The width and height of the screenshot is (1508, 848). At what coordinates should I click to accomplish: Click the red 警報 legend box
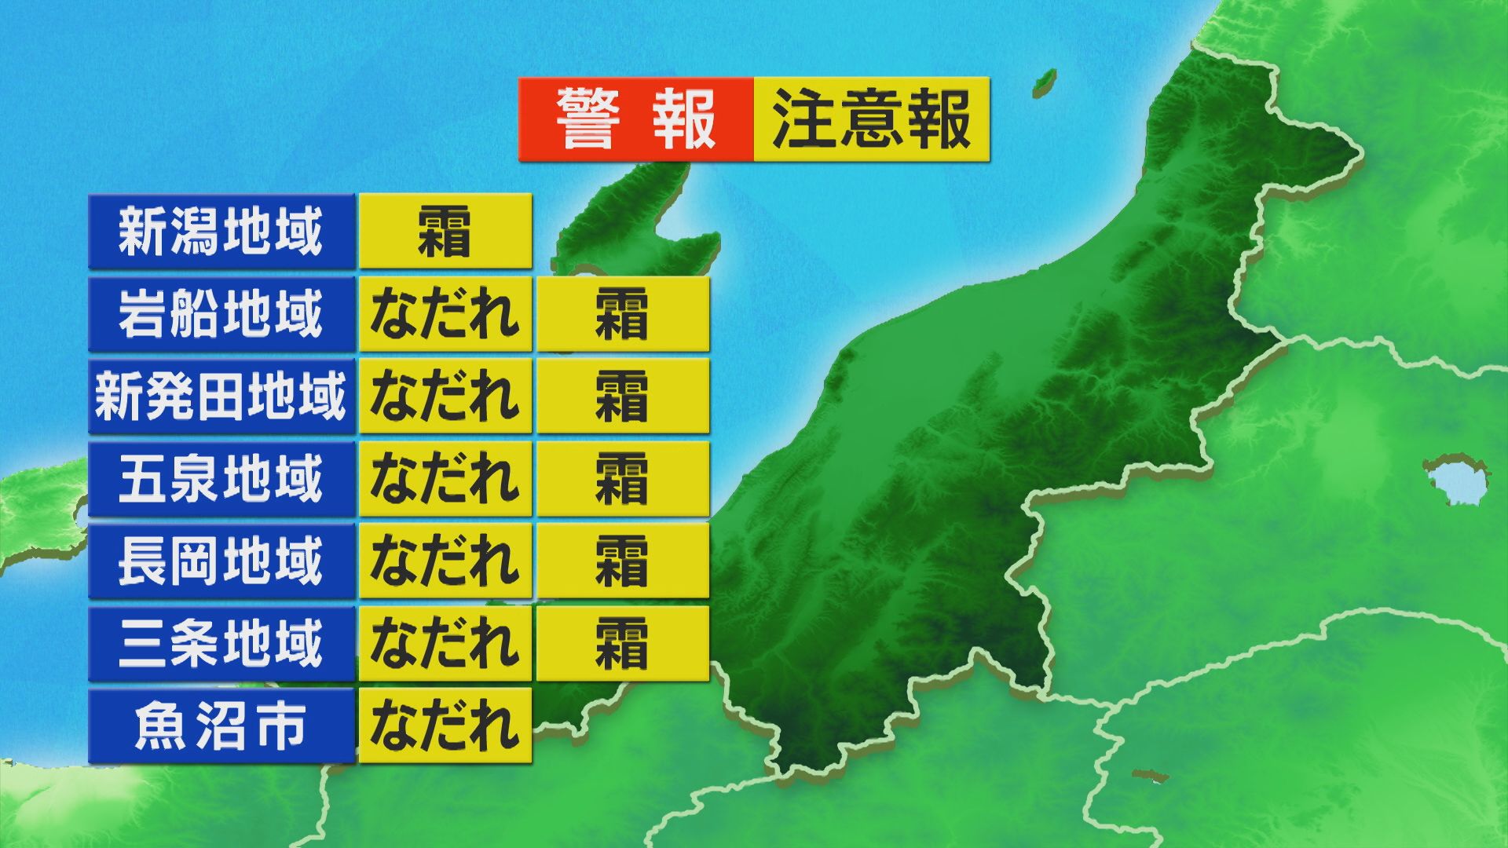(x=635, y=119)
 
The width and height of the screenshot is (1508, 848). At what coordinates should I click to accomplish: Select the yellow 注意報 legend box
(x=871, y=119)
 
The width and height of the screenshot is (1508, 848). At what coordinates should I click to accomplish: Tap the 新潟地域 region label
(x=221, y=232)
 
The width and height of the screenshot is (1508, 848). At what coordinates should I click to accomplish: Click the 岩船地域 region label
(x=221, y=313)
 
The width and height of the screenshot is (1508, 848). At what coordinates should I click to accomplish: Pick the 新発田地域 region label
(x=221, y=396)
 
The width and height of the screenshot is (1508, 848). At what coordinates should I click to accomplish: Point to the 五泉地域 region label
(x=221, y=478)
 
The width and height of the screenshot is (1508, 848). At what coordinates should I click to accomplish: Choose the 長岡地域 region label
(x=221, y=561)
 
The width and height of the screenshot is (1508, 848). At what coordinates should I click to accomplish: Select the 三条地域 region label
(x=221, y=643)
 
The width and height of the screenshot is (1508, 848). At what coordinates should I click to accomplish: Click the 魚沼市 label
(x=221, y=726)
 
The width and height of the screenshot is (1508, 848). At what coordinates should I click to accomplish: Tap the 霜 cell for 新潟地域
(x=445, y=232)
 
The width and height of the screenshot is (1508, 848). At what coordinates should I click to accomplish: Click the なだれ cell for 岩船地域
(x=445, y=313)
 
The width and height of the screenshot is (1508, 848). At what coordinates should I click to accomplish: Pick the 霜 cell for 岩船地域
(x=622, y=313)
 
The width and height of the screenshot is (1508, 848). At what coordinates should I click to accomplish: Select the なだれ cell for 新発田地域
(x=445, y=396)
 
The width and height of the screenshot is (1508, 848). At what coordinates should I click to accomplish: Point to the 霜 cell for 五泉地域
(x=622, y=478)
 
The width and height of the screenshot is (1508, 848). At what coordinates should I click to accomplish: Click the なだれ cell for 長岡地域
(x=445, y=561)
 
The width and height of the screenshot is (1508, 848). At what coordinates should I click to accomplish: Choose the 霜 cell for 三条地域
(x=622, y=643)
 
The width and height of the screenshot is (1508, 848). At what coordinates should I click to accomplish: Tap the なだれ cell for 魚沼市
(x=445, y=726)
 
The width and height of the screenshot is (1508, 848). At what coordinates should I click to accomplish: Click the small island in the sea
(x=1044, y=81)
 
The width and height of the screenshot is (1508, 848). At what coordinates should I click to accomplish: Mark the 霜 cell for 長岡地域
(x=622, y=561)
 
